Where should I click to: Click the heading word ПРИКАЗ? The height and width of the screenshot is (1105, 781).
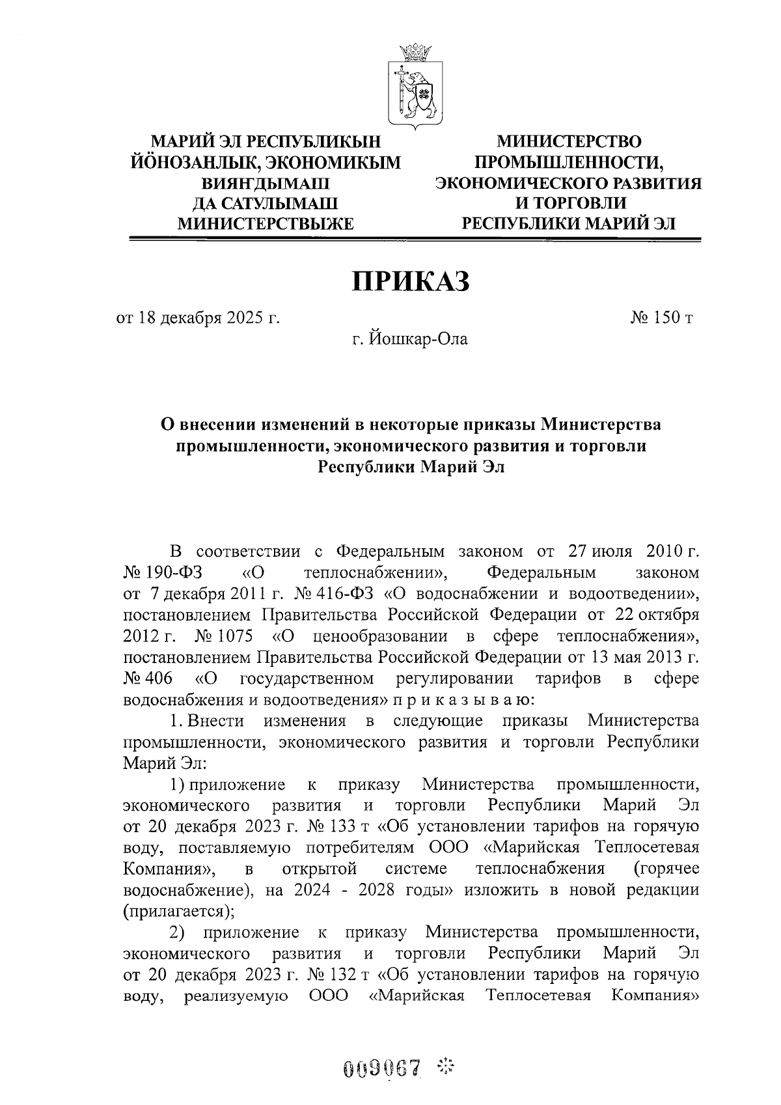[x=411, y=281]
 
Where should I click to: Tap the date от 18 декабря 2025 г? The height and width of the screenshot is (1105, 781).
[x=198, y=318]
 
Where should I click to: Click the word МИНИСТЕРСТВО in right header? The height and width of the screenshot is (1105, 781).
[x=569, y=141]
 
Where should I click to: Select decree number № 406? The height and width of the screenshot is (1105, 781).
[x=148, y=678]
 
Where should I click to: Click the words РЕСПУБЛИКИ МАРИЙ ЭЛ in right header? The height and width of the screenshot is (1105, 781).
[x=569, y=224]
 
